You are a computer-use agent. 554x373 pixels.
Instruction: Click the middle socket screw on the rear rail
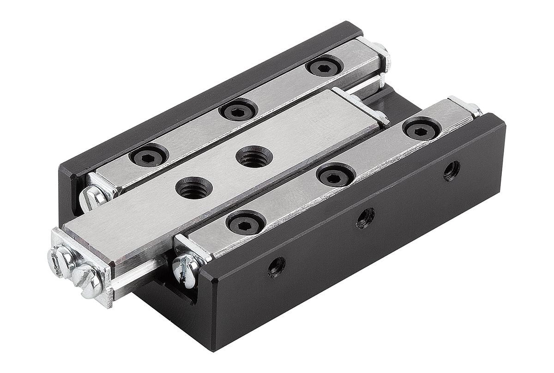pyautogui.click(x=238, y=111)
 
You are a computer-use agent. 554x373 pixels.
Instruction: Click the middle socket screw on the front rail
pyautogui.click(x=336, y=175)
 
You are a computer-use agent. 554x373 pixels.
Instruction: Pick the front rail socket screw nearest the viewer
pyautogui.click(x=246, y=223)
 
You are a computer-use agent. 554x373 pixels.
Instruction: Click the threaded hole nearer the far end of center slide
pyautogui.click(x=254, y=157)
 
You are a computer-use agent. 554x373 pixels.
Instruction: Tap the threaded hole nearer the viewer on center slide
pyautogui.click(x=194, y=188)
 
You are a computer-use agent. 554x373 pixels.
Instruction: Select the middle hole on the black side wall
pyautogui.click(x=365, y=217)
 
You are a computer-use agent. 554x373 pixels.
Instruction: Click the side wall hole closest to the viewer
pyautogui.click(x=276, y=267)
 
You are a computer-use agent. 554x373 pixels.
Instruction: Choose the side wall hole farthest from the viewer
pyautogui.click(x=452, y=170)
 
